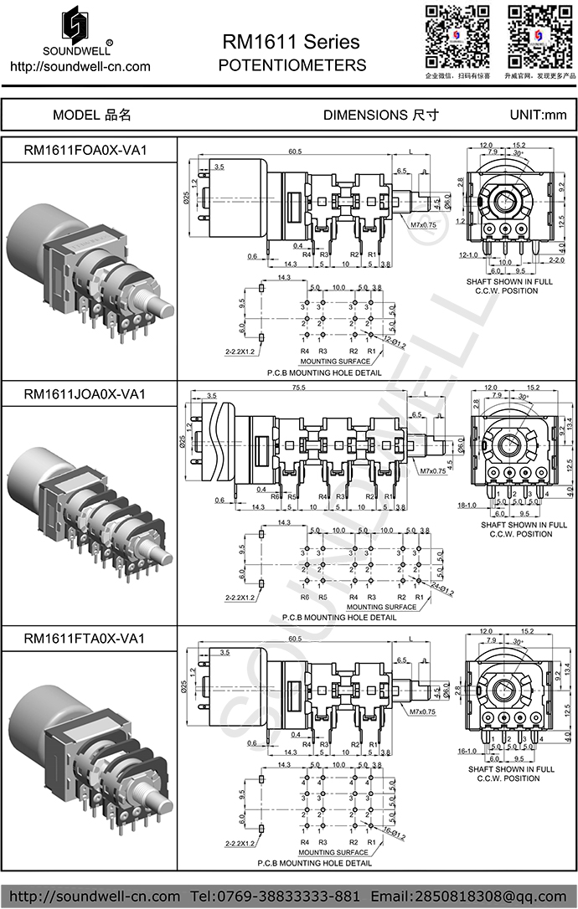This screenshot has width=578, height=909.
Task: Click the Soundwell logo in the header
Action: (76, 29)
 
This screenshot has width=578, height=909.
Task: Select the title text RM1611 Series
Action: (291, 42)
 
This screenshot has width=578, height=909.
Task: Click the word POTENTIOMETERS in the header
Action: (291, 65)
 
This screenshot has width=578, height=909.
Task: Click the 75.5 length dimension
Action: (298, 388)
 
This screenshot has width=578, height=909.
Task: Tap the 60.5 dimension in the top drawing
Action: (295, 151)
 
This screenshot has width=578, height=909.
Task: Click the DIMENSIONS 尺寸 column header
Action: (380, 116)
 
